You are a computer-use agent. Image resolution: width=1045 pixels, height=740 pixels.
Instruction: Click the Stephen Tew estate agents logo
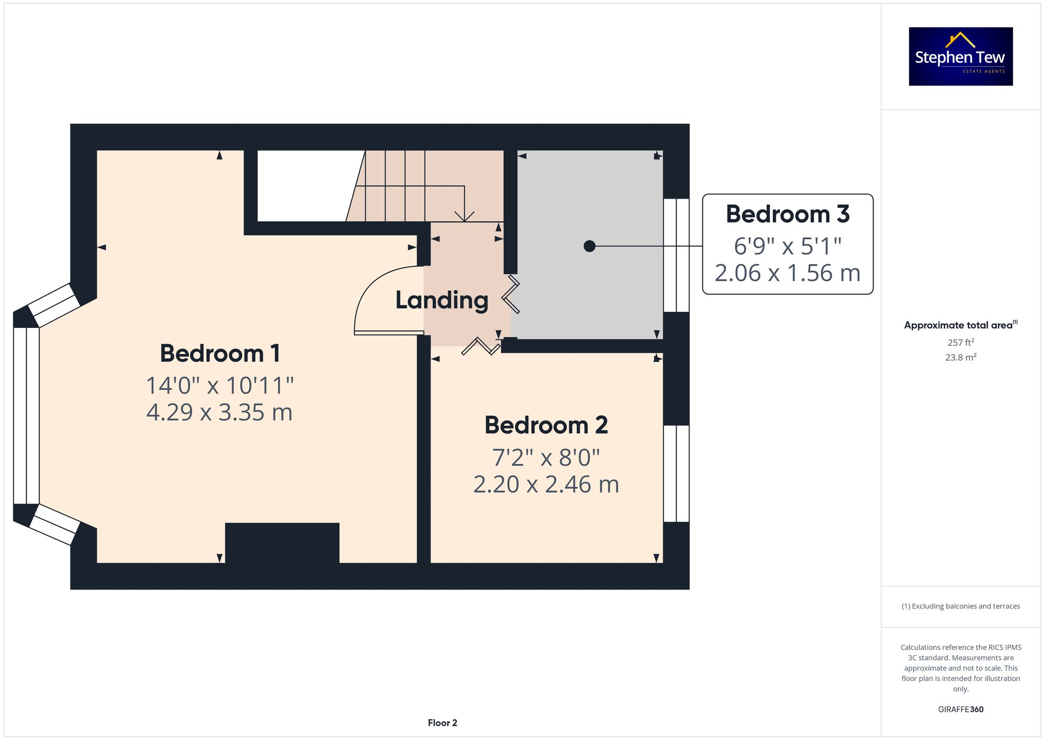pos(960,56)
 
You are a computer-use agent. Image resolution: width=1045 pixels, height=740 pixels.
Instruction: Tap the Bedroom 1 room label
pos(220,354)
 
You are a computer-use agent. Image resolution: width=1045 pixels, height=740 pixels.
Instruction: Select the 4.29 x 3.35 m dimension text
pos(219,413)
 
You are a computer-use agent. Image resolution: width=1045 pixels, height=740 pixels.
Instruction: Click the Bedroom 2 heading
pos(546,425)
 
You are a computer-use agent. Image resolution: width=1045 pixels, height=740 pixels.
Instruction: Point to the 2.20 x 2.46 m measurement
pos(546,485)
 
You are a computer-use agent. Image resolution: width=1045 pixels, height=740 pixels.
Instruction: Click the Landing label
pos(442,300)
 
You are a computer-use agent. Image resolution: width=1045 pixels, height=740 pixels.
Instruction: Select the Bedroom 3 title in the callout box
pos(787,214)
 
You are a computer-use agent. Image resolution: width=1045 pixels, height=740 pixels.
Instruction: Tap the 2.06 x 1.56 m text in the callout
pos(787,274)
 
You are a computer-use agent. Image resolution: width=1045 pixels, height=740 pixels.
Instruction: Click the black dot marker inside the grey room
pos(589,246)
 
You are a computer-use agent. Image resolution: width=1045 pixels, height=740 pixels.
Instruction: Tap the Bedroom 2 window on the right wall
pos(676,473)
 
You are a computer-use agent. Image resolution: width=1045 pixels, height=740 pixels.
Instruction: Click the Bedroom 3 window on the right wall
pos(676,255)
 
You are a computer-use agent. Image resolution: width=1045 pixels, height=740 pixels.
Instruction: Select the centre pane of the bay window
pos(26,416)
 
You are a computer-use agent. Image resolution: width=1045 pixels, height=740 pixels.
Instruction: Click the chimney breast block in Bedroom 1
pos(282,543)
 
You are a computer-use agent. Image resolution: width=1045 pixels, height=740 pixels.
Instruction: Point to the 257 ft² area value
pos(960,343)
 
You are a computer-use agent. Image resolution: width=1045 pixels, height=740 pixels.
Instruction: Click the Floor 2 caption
pos(442,723)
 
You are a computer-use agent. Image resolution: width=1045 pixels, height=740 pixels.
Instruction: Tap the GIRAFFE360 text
pos(960,710)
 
